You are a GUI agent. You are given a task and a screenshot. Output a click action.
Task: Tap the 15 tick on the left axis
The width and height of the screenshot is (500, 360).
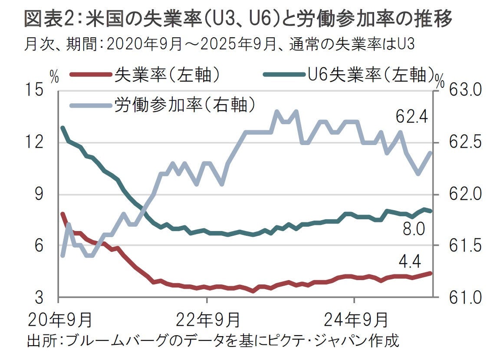pos(36,91)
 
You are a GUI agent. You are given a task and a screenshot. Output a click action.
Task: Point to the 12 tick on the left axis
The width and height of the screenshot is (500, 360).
pos(36,142)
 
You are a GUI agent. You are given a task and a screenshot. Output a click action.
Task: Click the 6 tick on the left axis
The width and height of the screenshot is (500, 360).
pos(39,246)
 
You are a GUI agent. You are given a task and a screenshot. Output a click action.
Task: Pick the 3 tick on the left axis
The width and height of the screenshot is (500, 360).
pos(39,298)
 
